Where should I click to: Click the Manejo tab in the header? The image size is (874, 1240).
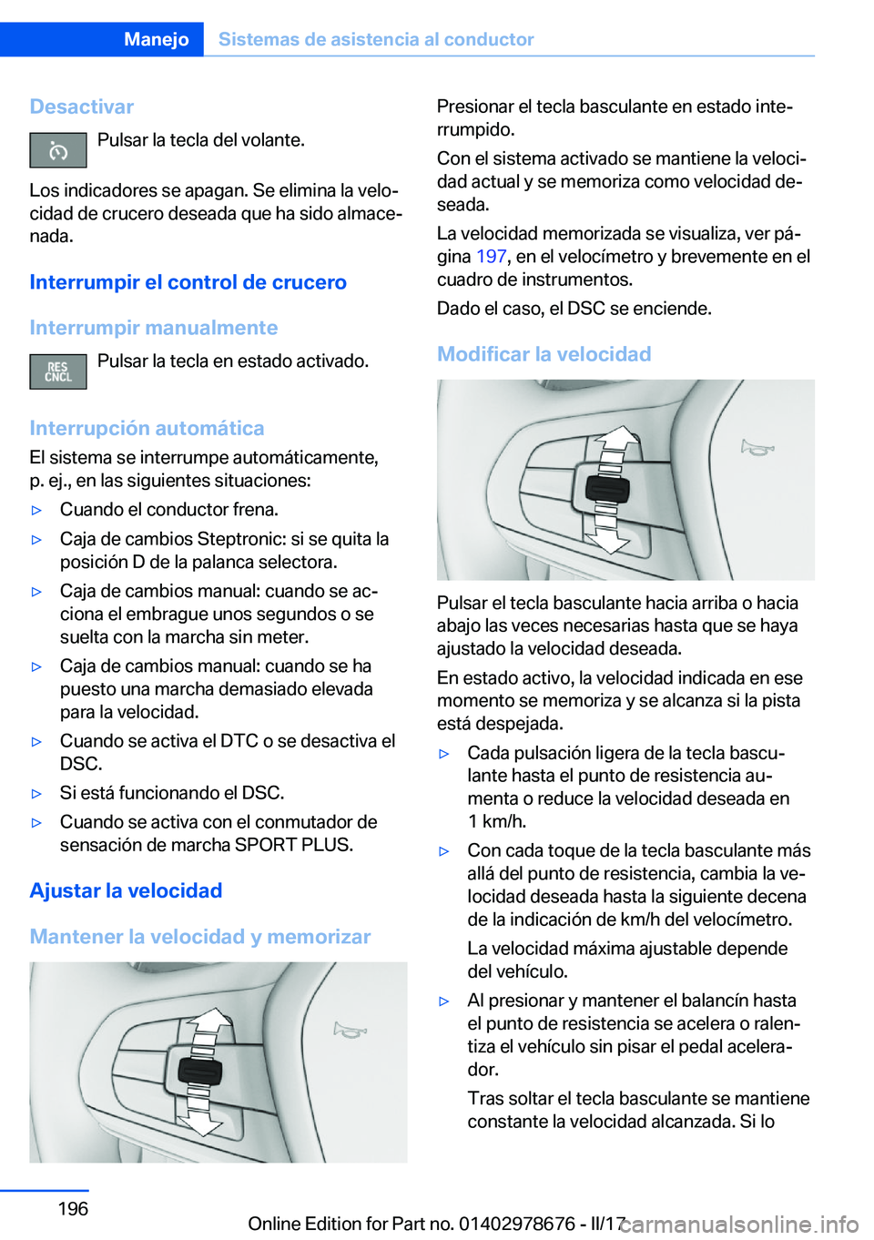pyautogui.click(x=156, y=39)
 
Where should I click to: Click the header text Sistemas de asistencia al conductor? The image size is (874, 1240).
pyautogui.click(x=376, y=39)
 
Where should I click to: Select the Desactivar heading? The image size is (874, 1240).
pyautogui.click(x=82, y=107)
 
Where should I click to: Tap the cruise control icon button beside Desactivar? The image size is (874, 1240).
pyautogui.click(x=58, y=150)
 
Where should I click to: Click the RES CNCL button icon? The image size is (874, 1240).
pyautogui.click(x=58, y=371)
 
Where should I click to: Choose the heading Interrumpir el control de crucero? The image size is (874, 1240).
pyautogui.click(x=188, y=282)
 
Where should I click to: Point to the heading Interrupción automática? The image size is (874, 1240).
pyautogui.click(x=147, y=428)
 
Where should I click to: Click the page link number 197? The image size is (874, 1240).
pyautogui.click(x=491, y=257)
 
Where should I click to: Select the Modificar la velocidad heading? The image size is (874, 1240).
pyautogui.click(x=544, y=354)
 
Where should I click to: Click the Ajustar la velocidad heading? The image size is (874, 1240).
pyautogui.click(x=126, y=890)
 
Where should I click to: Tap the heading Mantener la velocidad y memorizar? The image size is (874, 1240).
pyautogui.click(x=199, y=937)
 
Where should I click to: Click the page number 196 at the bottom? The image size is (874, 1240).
pyautogui.click(x=73, y=1208)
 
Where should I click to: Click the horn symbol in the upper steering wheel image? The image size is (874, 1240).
pyautogui.click(x=757, y=447)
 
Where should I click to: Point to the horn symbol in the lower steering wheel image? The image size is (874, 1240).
pyautogui.click(x=350, y=1030)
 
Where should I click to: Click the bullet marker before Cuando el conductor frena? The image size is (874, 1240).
pyautogui.click(x=37, y=510)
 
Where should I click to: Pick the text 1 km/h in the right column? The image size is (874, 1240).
pyautogui.click(x=496, y=821)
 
